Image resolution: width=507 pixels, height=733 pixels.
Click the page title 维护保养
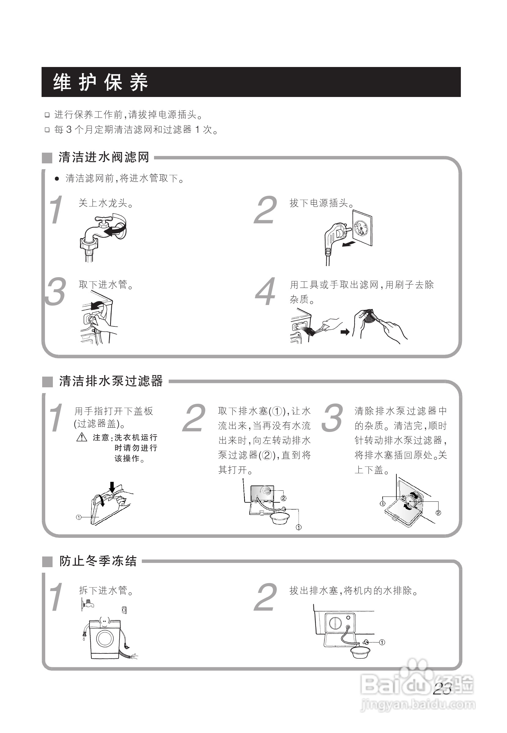click(100, 82)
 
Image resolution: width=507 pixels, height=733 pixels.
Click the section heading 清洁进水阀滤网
click(104, 157)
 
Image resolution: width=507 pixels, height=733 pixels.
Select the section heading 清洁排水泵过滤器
click(111, 381)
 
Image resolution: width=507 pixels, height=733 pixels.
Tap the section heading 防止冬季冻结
click(98, 561)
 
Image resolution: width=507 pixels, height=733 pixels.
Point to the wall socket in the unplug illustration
click(362, 228)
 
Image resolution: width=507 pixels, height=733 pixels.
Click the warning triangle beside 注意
click(82, 437)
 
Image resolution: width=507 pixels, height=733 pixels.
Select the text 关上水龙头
click(106, 203)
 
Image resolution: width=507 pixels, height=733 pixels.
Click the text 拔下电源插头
click(322, 203)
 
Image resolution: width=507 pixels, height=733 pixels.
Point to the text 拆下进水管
click(106, 590)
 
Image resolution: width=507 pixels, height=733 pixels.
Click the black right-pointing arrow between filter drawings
click(345, 332)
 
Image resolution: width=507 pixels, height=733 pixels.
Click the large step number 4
click(266, 291)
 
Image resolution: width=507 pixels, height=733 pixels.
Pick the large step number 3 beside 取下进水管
click(56, 291)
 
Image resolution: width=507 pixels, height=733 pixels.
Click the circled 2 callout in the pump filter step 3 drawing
click(438, 513)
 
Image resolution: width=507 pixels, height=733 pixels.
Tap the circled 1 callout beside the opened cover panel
click(79, 517)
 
